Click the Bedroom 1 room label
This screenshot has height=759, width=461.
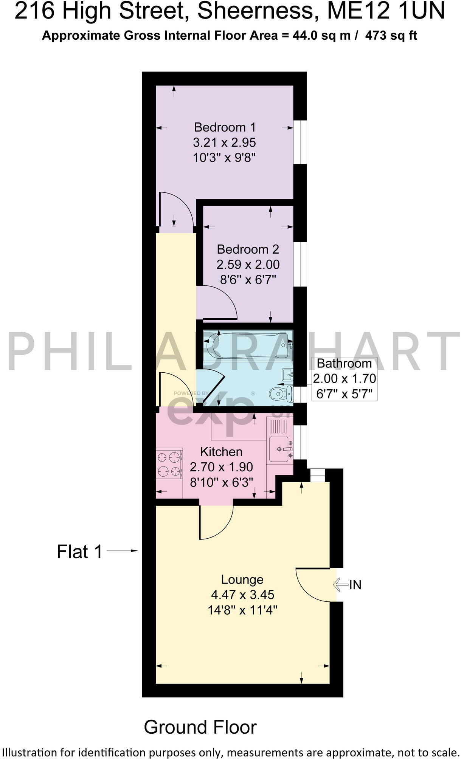(x=225, y=127)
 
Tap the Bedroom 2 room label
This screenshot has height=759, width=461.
(x=248, y=249)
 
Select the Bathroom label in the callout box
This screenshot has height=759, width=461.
(x=344, y=363)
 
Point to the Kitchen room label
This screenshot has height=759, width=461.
(x=221, y=452)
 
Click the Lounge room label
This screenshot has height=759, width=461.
(x=242, y=579)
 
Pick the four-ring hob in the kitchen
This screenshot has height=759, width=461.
(x=169, y=464)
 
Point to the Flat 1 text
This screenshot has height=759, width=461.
(x=80, y=551)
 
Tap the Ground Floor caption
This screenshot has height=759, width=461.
(x=200, y=727)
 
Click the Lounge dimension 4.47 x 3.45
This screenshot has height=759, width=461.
(x=242, y=595)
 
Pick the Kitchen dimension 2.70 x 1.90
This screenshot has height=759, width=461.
(x=221, y=467)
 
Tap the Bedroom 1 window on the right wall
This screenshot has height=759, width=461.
(x=300, y=142)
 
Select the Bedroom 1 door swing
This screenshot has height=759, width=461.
(x=176, y=212)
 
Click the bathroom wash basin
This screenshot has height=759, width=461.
(x=288, y=375)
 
